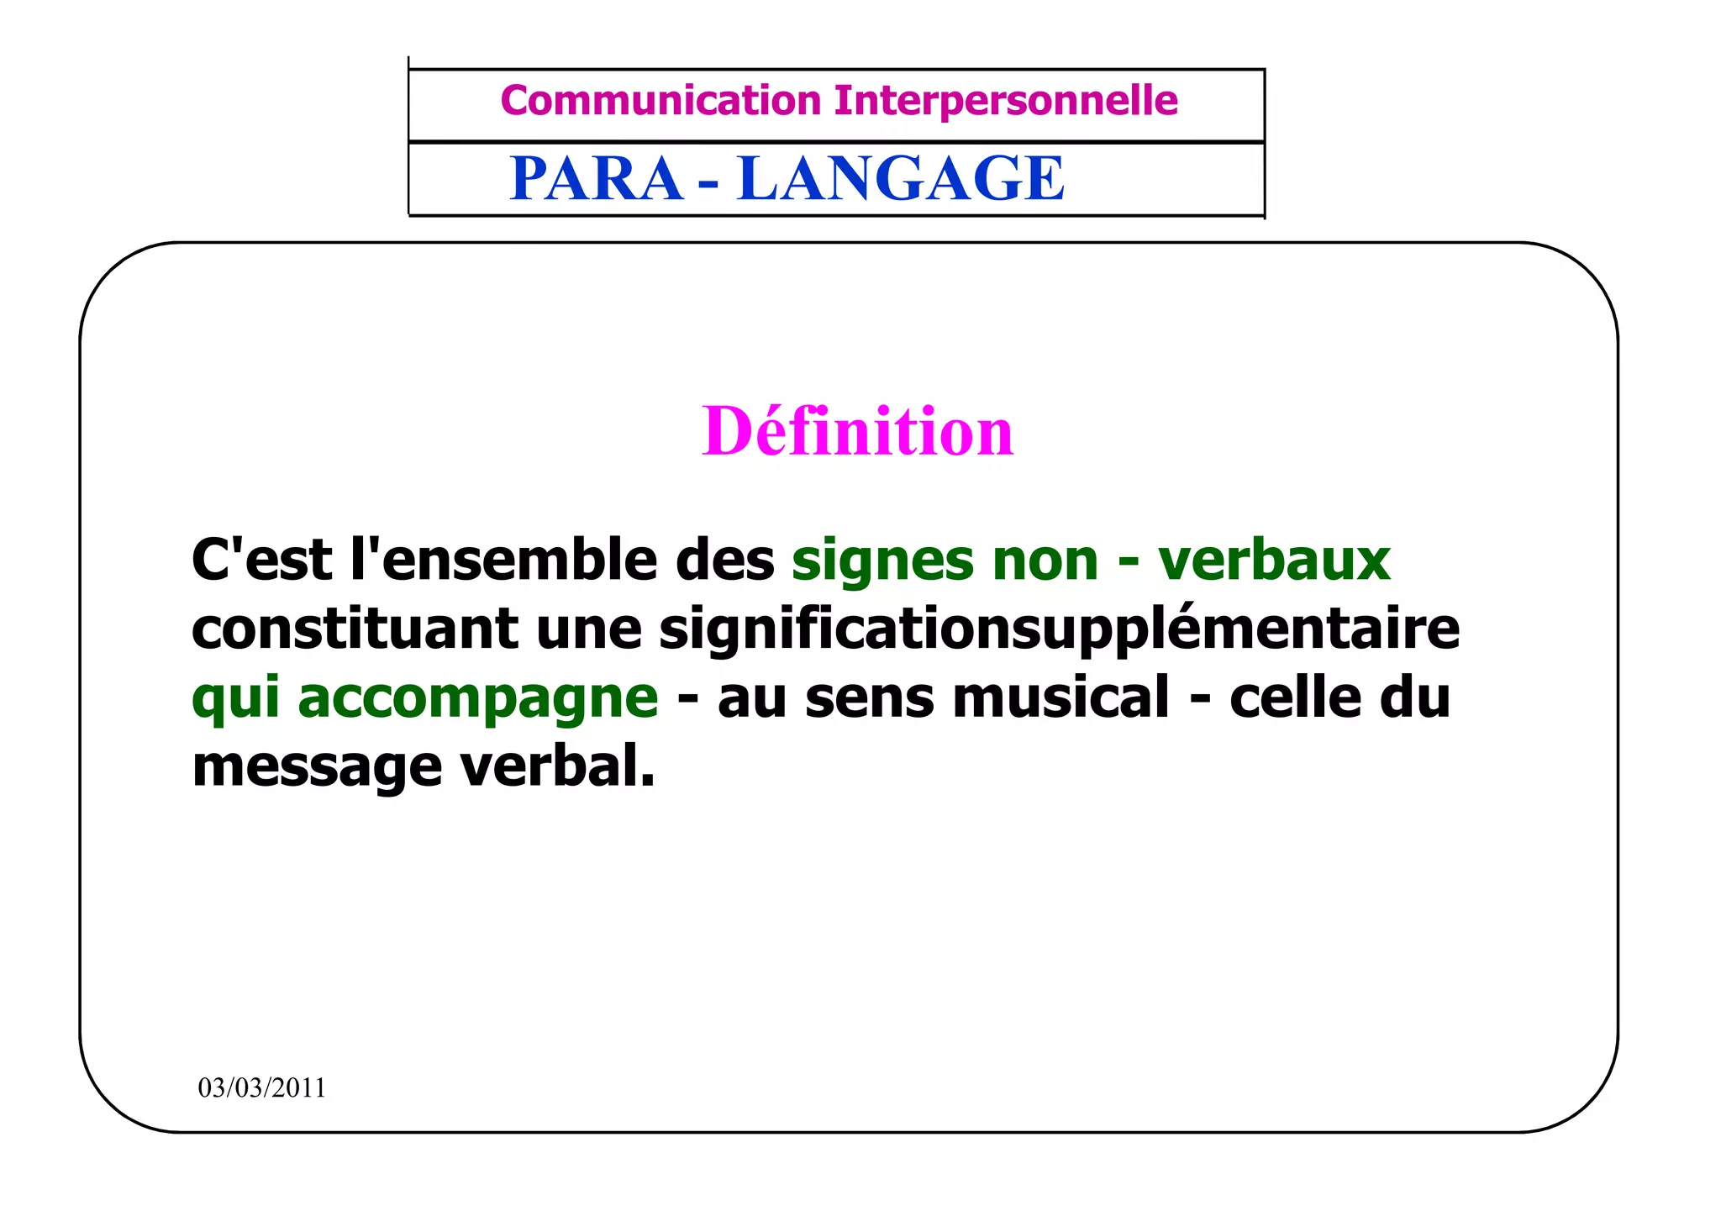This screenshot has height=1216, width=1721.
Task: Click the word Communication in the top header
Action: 661,101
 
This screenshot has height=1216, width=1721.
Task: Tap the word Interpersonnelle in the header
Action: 1006,101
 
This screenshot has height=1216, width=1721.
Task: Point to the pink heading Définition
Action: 858,431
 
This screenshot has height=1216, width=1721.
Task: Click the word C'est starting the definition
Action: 262,560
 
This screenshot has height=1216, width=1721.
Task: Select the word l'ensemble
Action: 503,560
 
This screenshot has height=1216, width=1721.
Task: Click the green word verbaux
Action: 1274,560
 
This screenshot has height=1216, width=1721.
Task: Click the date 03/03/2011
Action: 261,1088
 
